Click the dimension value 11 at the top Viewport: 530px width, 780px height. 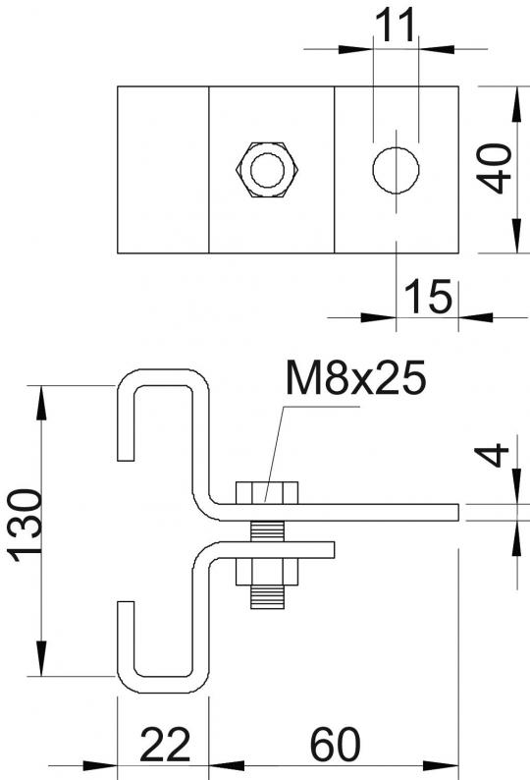(395, 25)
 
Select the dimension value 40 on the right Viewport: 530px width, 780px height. (498, 168)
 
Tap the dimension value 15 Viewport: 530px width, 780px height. (429, 296)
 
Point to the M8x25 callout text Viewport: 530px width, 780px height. (356, 377)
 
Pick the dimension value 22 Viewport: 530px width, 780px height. (165, 745)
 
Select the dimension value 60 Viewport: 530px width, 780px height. (335, 745)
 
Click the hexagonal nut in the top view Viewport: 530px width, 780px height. (268, 170)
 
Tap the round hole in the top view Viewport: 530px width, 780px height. (396, 170)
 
